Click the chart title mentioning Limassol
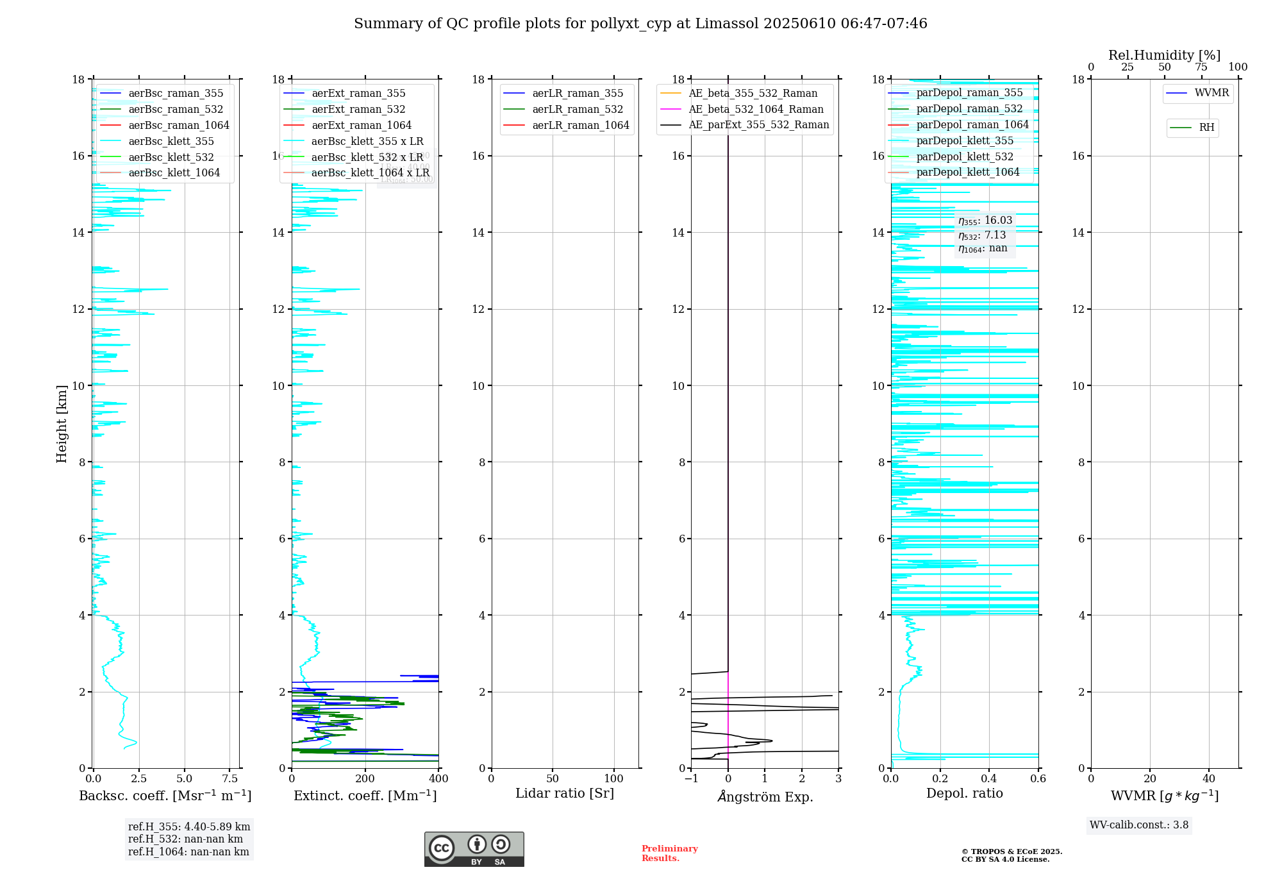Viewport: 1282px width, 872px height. click(640, 24)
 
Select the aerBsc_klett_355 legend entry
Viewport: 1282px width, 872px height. click(171, 141)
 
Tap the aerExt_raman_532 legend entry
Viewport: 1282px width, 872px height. click(358, 110)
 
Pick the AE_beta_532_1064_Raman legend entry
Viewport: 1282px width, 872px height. click(756, 110)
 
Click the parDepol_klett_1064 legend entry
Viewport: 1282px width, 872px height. click(967, 172)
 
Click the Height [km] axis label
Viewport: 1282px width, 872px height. click(62, 424)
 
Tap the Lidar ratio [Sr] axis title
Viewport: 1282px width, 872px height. click(565, 794)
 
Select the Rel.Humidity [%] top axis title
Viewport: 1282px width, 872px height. click(1164, 55)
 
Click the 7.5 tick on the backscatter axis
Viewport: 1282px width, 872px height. click(229, 779)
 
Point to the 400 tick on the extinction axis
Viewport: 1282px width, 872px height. click(438, 779)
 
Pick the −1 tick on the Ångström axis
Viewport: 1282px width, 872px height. click(691, 779)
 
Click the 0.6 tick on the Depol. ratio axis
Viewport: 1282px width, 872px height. click(1038, 779)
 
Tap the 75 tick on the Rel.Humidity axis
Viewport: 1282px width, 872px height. click(1201, 67)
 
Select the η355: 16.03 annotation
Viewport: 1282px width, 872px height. click(985, 221)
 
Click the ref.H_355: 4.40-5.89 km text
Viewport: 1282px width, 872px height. click(189, 827)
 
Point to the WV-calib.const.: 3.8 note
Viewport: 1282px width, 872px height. click(1139, 825)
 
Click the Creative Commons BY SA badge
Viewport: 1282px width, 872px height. click(474, 849)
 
